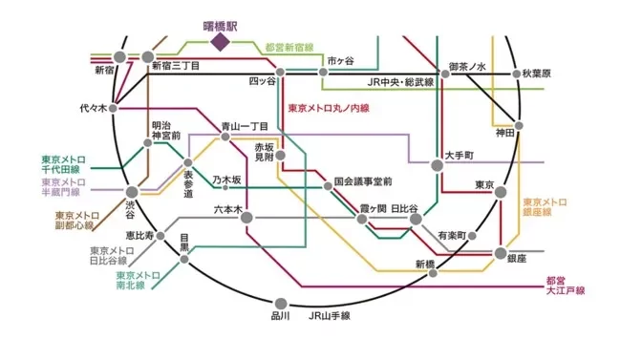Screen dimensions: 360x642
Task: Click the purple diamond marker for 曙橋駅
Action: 221,43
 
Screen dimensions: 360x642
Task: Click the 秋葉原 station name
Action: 546,74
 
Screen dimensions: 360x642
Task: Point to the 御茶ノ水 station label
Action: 468,67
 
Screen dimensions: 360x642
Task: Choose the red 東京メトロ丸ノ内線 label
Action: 329,109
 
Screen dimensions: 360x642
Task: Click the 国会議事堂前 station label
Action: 363,181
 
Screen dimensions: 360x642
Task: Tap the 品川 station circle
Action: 280,299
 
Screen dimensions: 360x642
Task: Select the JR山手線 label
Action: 330,315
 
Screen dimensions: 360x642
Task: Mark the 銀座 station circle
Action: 501,253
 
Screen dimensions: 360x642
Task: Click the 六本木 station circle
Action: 246,218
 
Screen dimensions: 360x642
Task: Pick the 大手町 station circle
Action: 438,165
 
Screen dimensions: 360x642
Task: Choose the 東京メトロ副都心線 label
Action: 75,222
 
